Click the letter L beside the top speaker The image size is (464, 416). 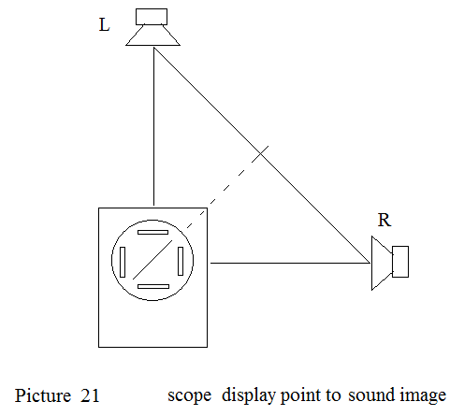[104, 25]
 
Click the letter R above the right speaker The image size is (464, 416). [384, 220]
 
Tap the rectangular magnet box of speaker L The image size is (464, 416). [152, 17]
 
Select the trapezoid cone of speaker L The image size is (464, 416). [152, 36]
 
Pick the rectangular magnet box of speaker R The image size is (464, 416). [400, 262]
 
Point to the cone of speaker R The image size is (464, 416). [382, 264]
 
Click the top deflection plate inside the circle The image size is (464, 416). [152, 232]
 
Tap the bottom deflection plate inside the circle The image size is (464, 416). [153, 286]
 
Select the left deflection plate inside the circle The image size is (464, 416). [123, 262]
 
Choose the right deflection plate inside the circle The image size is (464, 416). [181, 261]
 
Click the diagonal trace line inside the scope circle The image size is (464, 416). [152, 260]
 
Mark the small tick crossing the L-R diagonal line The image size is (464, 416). [260, 154]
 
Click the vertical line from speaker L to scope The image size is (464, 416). [153, 126]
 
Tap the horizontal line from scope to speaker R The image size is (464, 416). [290, 263]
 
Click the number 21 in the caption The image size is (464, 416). [90, 395]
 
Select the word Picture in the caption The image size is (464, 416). [43, 395]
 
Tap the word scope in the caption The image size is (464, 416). [190, 396]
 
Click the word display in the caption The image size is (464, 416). [249, 395]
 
